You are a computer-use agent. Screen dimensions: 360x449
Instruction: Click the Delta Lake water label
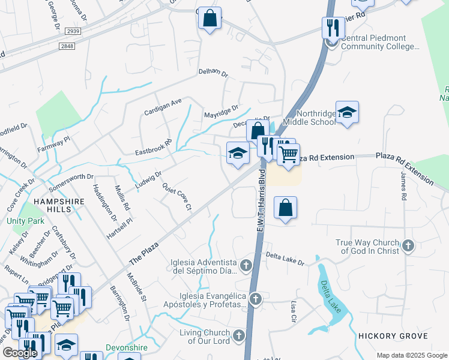pos(330,294)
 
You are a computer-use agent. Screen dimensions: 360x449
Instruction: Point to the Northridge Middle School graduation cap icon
pos(347,112)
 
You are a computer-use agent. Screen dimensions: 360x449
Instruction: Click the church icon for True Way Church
pos(408,245)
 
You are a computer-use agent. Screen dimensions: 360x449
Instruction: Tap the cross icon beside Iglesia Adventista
pos(246,265)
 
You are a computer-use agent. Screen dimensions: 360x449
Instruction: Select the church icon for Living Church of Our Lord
pos(239,336)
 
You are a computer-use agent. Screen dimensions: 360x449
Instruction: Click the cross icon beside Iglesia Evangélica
pos(255,299)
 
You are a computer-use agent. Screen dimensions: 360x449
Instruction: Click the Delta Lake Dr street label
pos(285,258)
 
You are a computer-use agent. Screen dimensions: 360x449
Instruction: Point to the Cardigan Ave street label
pos(163,107)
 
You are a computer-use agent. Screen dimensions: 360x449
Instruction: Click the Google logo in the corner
pos(20,353)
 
